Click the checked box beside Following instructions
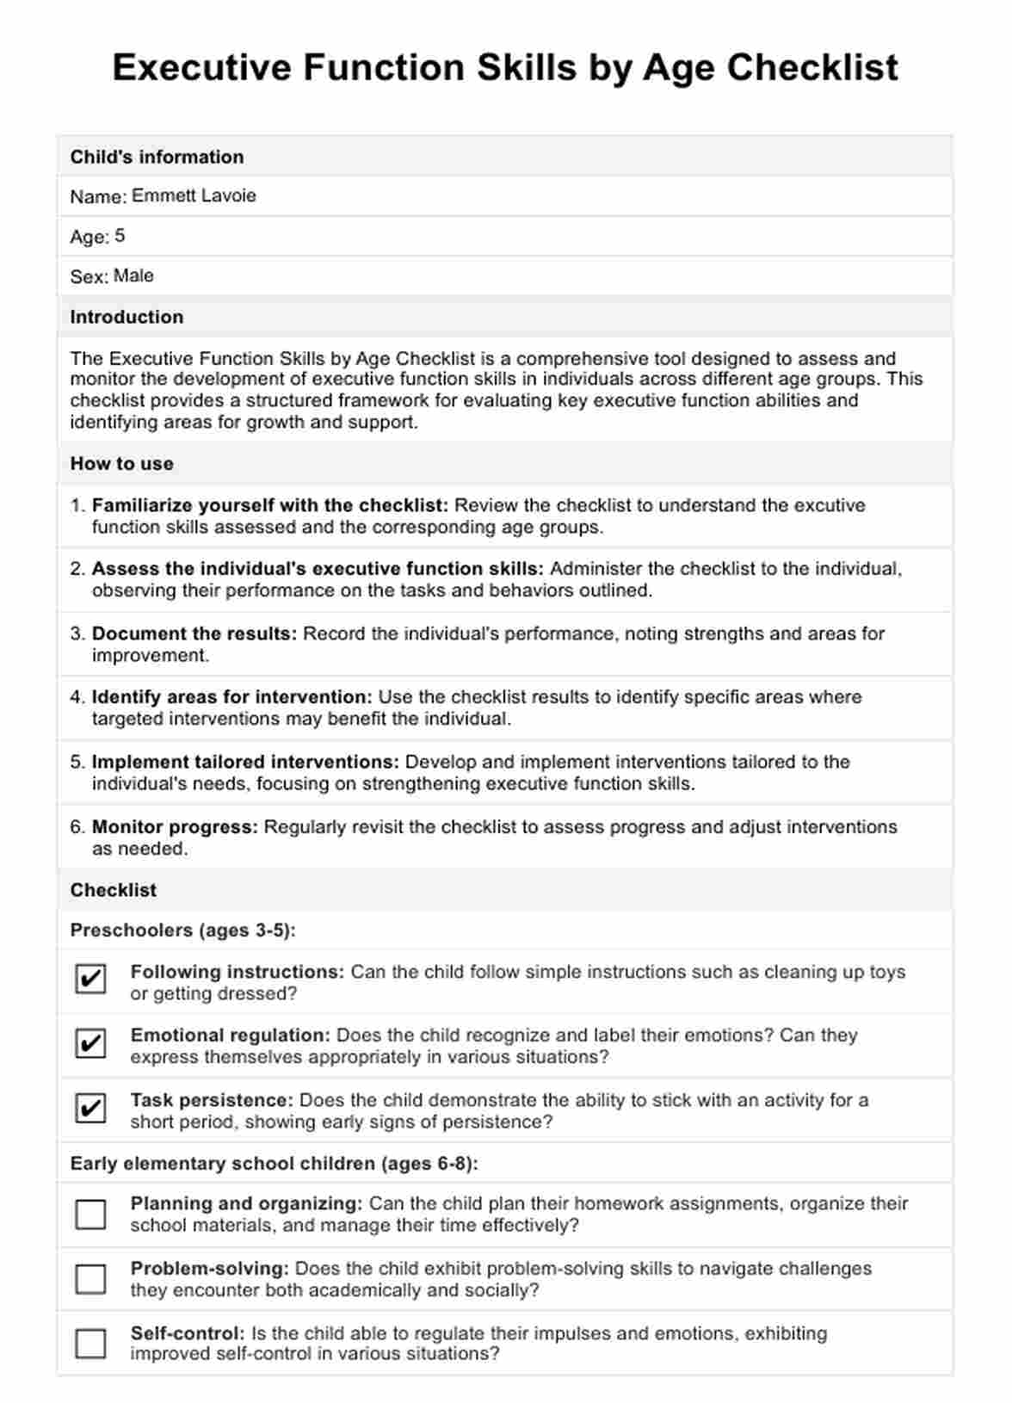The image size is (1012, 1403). pyautogui.click(x=90, y=979)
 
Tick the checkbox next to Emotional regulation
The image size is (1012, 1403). pyautogui.click(x=90, y=1043)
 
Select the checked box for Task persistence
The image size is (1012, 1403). pyautogui.click(x=90, y=1108)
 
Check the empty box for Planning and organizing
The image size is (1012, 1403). pyautogui.click(x=90, y=1214)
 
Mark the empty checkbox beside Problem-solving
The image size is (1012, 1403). pyautogui.click(x=90, y=1279)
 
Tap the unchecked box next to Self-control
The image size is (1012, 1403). pyautogui.click(x=90, y=1344)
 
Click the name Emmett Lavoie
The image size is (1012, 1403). pyautogui.click(x=194, y=195)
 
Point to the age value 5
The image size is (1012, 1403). pyautogui.click(x=120, y=235)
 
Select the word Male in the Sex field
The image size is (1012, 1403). pyautogui.click(x=133, y=275)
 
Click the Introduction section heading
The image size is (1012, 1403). pyautogui.click(x=126, y=317)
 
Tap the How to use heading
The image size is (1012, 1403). pyautogui.click(x=121, y=463)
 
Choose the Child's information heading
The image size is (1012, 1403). pyautogui.click(x=157, y=157)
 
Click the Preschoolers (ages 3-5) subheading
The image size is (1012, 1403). pyautogui.click(x=182, y=930)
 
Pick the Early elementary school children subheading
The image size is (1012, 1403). pyautogui.click(x=274, y=1163)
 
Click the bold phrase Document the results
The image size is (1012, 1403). pyautogui.click(x=194, y=634)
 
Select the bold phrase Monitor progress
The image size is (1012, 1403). pyautogui.click(x=175, y=826)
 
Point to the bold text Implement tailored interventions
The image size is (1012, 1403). pyautogui.click(x=245, y=762)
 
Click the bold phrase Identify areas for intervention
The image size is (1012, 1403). pyautogui.click(x=231, y=697)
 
